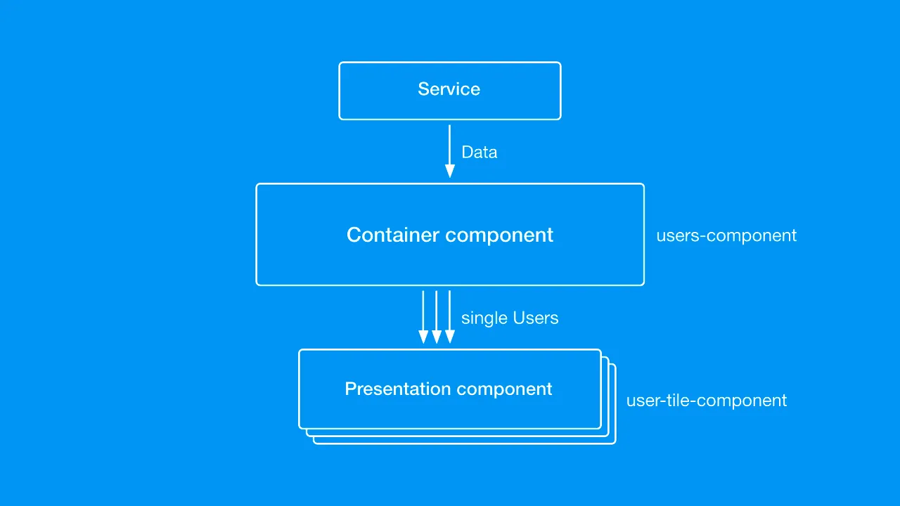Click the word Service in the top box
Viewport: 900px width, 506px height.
449,89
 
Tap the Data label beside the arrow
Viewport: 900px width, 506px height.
480,153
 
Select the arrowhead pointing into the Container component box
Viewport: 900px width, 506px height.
449,171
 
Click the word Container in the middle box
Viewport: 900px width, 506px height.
392,235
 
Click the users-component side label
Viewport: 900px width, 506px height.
726,235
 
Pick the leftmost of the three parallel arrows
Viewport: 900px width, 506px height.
423,317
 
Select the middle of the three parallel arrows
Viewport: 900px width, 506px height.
437,317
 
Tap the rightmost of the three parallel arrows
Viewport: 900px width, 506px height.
449,317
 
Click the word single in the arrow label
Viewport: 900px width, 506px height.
484,318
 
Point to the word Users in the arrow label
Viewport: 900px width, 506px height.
536,318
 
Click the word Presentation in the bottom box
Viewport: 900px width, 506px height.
398,389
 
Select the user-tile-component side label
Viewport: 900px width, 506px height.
707,401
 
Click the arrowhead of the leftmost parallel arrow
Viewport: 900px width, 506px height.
423,337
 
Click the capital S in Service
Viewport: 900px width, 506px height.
423,89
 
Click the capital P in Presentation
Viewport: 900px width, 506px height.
351,389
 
